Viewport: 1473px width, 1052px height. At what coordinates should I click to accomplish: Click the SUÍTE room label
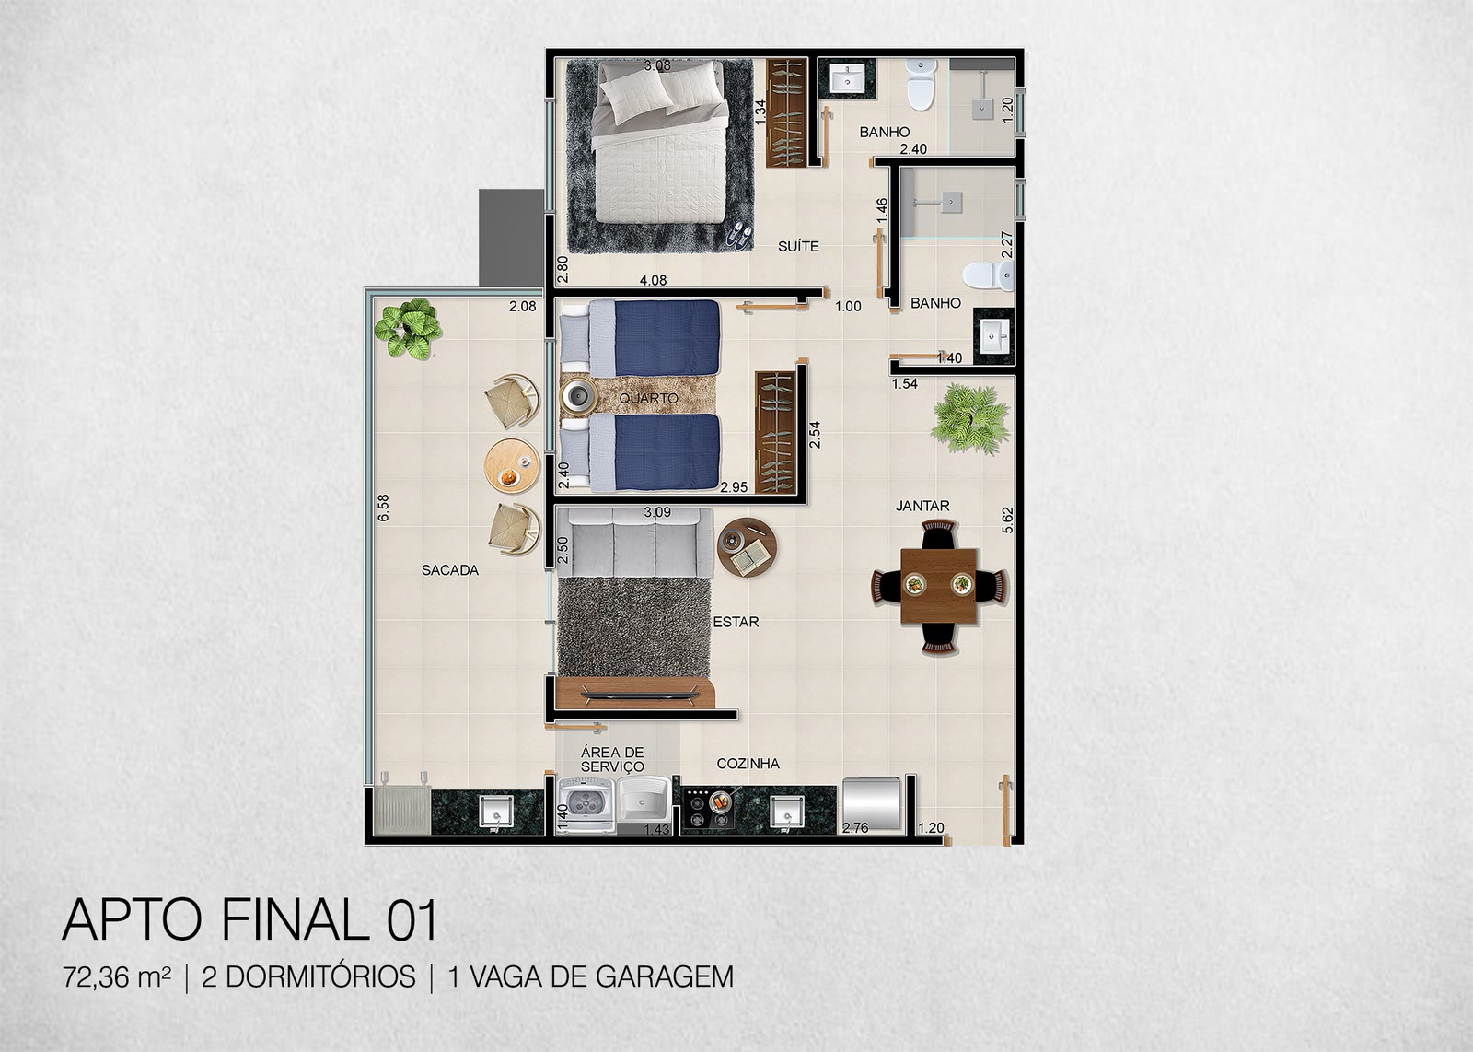[x=798, y=247]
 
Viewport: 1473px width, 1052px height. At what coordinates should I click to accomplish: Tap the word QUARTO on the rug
[x=648, y=398]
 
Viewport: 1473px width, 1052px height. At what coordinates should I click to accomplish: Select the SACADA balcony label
[x=450, y=570]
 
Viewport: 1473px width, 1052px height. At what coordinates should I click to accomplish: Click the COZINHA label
[x=748, y=763]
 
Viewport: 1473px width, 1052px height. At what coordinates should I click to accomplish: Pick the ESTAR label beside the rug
[x=736, y=622]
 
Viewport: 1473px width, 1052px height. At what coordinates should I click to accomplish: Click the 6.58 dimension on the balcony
[x=383, y=508]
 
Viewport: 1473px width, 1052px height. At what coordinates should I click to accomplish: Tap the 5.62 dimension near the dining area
[x=1007, y=520]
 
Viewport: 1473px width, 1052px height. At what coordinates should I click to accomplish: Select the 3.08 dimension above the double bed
[x=657, y=65]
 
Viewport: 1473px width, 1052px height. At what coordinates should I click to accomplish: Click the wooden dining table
[x=939, y=586]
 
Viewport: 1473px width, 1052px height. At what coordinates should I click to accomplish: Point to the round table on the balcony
[x=511, y=464]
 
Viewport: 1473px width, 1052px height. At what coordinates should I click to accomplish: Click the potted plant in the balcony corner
[x=408, y=328]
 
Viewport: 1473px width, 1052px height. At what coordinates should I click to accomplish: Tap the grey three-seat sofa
[x=634, y=544]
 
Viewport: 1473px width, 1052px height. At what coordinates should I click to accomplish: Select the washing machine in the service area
[x=586, y=807]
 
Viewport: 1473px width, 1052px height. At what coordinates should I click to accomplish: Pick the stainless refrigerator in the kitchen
[x=871, y=803]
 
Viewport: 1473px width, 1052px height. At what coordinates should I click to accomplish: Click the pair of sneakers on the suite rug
[x=740, y=234]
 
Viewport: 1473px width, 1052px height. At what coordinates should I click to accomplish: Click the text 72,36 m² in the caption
[x=116, y=977]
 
